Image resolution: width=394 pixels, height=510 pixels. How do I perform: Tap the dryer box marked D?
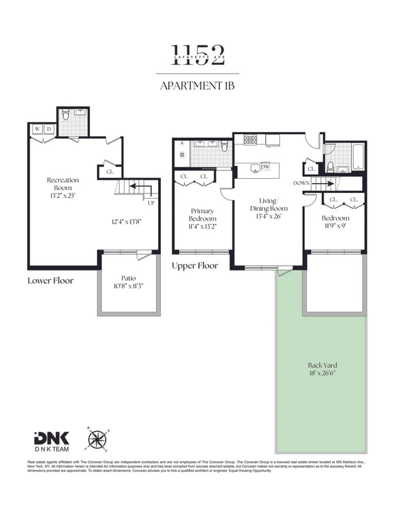point(49,129)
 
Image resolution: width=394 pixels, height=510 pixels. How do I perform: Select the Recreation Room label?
point(62,184)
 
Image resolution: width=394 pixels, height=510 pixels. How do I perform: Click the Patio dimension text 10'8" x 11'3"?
point(128,286)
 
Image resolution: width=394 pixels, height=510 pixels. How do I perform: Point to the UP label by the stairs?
point(151,203)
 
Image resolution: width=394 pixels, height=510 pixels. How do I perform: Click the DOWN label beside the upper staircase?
point(301,183)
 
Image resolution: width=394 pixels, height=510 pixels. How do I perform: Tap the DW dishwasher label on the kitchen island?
point(265,167)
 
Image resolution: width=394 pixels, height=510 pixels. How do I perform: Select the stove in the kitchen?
point(251,140)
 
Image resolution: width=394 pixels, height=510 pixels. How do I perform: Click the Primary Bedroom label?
point(203,215)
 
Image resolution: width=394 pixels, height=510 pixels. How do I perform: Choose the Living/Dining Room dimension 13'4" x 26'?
point(268,216)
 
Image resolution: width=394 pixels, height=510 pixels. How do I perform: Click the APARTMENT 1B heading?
point(198,86)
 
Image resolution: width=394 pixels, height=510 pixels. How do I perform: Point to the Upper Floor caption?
point(195,266)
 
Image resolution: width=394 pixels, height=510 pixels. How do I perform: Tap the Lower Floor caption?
point(50,281)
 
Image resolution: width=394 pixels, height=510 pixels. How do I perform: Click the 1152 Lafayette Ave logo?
point(198,55)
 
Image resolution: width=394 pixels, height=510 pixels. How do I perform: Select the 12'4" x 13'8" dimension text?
point(127,221)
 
